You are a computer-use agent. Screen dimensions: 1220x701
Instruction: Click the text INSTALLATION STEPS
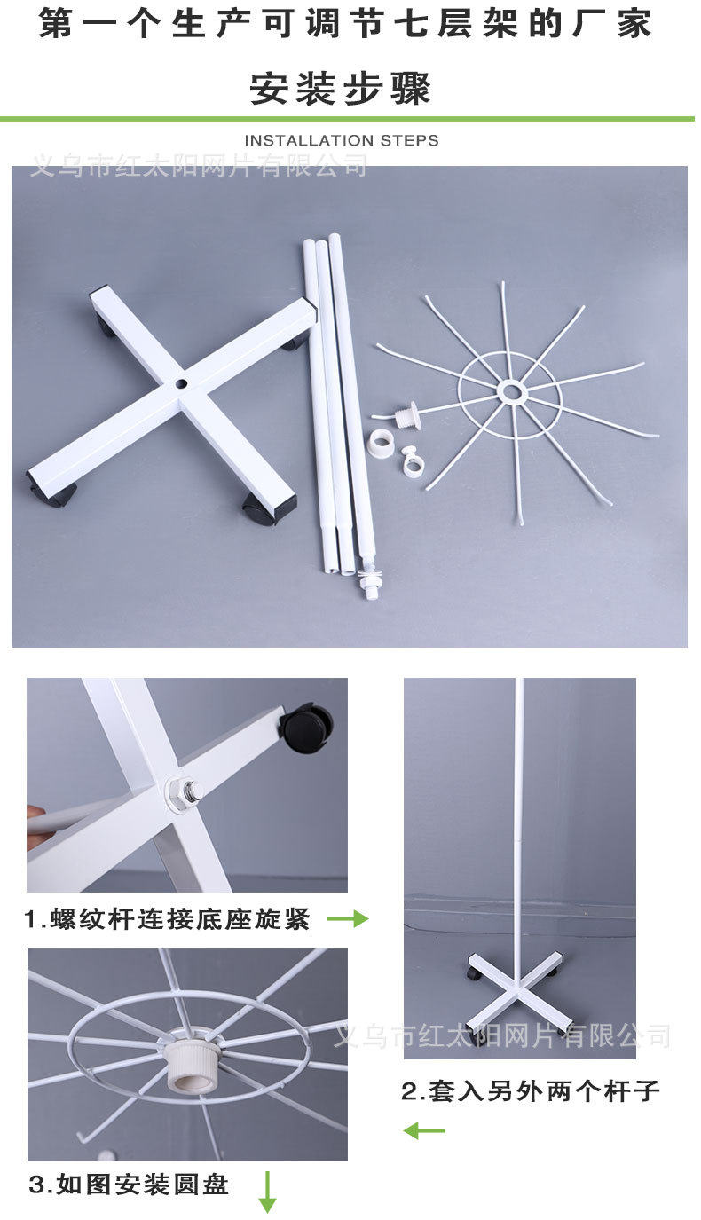[x=341, y=140]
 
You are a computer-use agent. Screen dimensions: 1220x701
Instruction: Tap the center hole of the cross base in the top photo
[x=181, y=385]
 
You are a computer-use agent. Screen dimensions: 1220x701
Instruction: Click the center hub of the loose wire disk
[x=511, y=391]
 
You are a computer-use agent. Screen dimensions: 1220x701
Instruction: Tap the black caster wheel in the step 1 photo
[x=306, y=725]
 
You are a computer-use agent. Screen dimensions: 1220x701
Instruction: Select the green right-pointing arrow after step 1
[x=347, y=919]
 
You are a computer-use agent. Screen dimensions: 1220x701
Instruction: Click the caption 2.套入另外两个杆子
[x=531, y=1090]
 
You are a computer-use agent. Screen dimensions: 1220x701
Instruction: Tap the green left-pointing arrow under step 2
[x=424, y=1130]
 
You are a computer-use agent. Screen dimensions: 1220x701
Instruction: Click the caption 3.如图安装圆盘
[x=130, y=1184]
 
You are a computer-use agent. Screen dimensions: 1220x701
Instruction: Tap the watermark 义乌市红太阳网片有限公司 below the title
[x=199, y=165]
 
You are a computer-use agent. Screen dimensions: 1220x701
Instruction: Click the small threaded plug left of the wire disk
[x=407, y=413]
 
